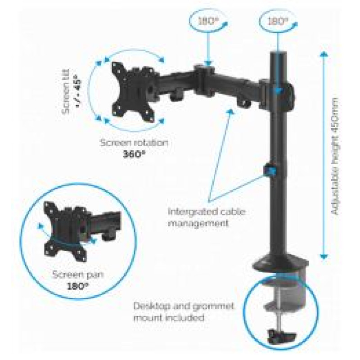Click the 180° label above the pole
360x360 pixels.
coord(278,21)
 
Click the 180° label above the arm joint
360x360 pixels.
coord(207,21)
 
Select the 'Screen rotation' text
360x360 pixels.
coord(134,143)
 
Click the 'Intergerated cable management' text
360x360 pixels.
coord(207,217)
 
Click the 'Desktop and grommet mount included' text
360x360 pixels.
coord(184,311)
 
